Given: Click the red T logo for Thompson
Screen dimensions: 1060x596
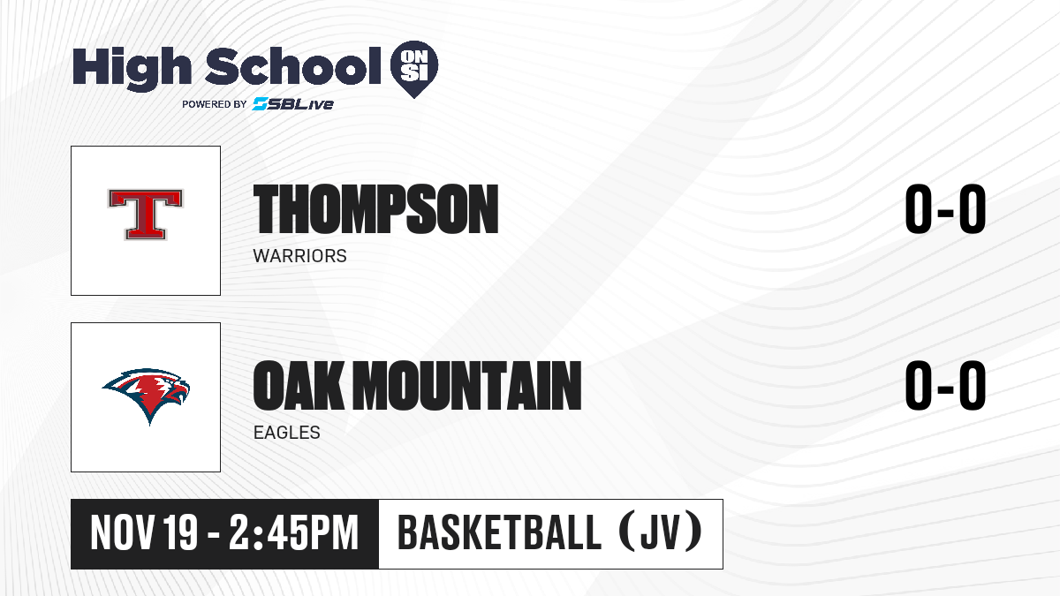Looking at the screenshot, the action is (145, 215).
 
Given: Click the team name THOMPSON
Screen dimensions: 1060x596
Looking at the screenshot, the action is (375, 209).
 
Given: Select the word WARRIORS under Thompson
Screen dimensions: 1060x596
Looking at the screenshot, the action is (300, 256).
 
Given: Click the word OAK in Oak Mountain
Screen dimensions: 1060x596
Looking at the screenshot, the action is (299, 386).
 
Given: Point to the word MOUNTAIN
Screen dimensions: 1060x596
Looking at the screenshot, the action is (467, 386).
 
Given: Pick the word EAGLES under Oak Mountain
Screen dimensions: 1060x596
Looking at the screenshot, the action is (287, 433).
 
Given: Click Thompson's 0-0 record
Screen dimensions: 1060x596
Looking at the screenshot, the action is (945, 209).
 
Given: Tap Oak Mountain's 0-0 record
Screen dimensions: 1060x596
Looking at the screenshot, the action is (945, 386).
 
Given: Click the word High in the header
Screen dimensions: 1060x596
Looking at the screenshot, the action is (132, 68).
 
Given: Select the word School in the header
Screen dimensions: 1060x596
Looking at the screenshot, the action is (293, 65).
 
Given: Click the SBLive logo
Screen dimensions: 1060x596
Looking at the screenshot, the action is (293, 103).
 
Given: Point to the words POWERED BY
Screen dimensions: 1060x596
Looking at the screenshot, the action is (215, 104).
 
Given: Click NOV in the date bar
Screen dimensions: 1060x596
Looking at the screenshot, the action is (122, 533).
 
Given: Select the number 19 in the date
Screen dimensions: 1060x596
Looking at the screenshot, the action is (180, 533).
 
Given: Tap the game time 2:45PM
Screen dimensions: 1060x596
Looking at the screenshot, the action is (294, 533).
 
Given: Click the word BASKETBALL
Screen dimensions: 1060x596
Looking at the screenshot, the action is (500, 533).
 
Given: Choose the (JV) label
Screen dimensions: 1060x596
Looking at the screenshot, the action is (661, 532).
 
